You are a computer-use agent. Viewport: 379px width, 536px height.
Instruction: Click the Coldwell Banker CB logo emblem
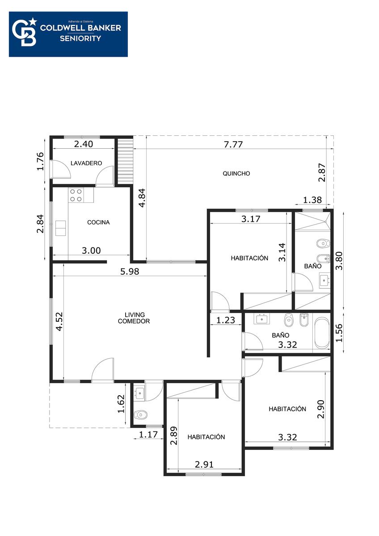click(25, 32)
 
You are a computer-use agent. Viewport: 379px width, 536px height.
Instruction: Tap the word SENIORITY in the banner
click(80, 38)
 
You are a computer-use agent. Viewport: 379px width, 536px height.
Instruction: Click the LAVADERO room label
click(86, 163)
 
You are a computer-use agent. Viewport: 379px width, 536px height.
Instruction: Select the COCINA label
click(98, 222)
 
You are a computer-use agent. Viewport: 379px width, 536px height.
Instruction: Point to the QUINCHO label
click(236, 173)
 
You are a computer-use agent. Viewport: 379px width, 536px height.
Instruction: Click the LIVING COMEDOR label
click(134, 318)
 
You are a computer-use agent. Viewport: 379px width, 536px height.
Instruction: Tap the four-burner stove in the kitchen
click(76, 195)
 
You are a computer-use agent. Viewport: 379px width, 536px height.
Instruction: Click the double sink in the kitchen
click(61, 228)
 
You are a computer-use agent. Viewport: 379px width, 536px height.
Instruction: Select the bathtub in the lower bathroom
click(322, 333)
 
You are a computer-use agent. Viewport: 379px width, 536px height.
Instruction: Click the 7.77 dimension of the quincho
click(233, 145)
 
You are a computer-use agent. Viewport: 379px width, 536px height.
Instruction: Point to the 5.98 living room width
click(130, 272)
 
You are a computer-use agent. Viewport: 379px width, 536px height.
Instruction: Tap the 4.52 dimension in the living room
click(59, 321)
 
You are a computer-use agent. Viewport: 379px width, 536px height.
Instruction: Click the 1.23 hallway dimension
click(226, 320)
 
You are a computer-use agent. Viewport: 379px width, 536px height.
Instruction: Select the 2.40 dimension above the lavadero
click(84, 144)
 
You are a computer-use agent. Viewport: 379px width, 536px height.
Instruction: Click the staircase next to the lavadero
click(125, 161)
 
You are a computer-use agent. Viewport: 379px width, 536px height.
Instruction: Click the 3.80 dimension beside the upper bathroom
click(339, 260)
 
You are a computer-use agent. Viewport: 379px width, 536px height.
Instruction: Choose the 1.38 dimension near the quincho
click(312, 200)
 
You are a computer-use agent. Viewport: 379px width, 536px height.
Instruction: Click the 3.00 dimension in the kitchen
click(91, 251)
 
